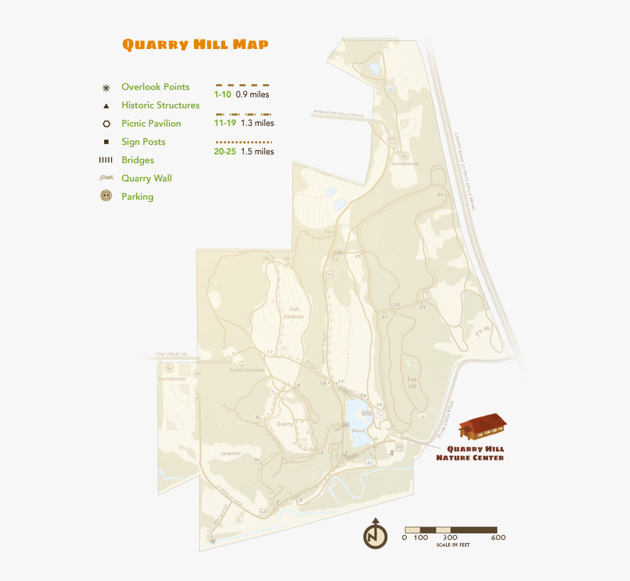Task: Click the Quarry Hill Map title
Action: pyautogui.click(x=195, y=45)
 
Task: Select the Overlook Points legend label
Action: pyautogui.click(x=155, y=87)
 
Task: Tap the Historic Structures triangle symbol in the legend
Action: pyautogui.click(x=106, y=106)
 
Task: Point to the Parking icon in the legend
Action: pyautogui.click(x=106, y=196)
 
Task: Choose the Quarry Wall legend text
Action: pyautogui.click(x=147, y=178)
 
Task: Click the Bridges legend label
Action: pyautogui.click(x=138, y=160)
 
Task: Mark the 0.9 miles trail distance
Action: pyautogui.click(x=253, y=95)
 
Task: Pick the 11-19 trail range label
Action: pyautogui.click(x=225, y=124)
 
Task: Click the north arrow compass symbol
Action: pyautogui.click(x=376, y=534)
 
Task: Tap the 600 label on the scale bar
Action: pyautogui.click(x=498, y=538)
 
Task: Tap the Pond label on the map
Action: pyautogui.click(x=358, y=431)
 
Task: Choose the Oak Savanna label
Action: pyautogui.click(x=294, y=312)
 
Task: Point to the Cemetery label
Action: pyautogui.click(x=231, y=454)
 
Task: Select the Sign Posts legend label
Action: pyautogui.click(x=144, y=142)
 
